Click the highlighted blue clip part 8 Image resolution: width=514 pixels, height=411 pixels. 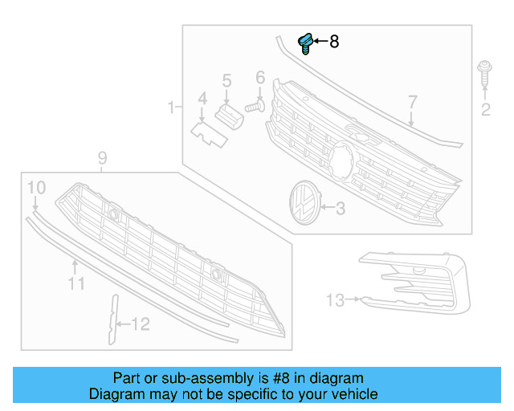click(x=306, y=43)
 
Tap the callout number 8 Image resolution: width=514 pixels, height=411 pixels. click(x=334, y=41)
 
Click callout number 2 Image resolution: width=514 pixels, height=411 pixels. click(x=485, y=109)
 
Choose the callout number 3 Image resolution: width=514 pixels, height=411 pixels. click(x=340, y=209)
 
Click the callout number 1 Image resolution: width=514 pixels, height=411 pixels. click(x=170, y=107)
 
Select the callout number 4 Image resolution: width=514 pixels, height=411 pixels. click(x=202, y=99)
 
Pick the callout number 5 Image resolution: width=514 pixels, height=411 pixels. click(x=226, y=80)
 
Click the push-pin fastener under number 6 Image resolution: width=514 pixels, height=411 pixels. click(x=256, y=104)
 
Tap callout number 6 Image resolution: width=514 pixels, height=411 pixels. click(x=260, y=78)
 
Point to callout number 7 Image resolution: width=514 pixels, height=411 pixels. click(x=412, y=102)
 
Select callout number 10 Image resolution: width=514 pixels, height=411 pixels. click(x=36, y=188)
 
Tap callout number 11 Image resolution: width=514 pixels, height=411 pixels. click(x=75, y=283)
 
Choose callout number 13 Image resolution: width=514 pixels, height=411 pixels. click(x=335, y=300)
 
